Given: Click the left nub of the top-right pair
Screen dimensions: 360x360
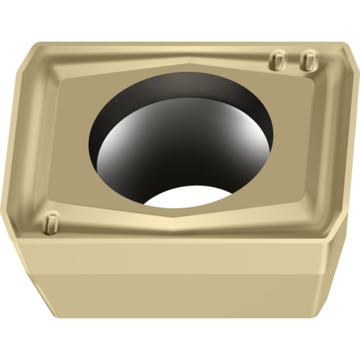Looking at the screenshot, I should point(277,60).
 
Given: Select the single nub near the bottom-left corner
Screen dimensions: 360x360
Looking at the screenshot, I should point(49,224).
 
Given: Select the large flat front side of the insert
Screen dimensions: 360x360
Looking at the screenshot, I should point(176,282).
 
